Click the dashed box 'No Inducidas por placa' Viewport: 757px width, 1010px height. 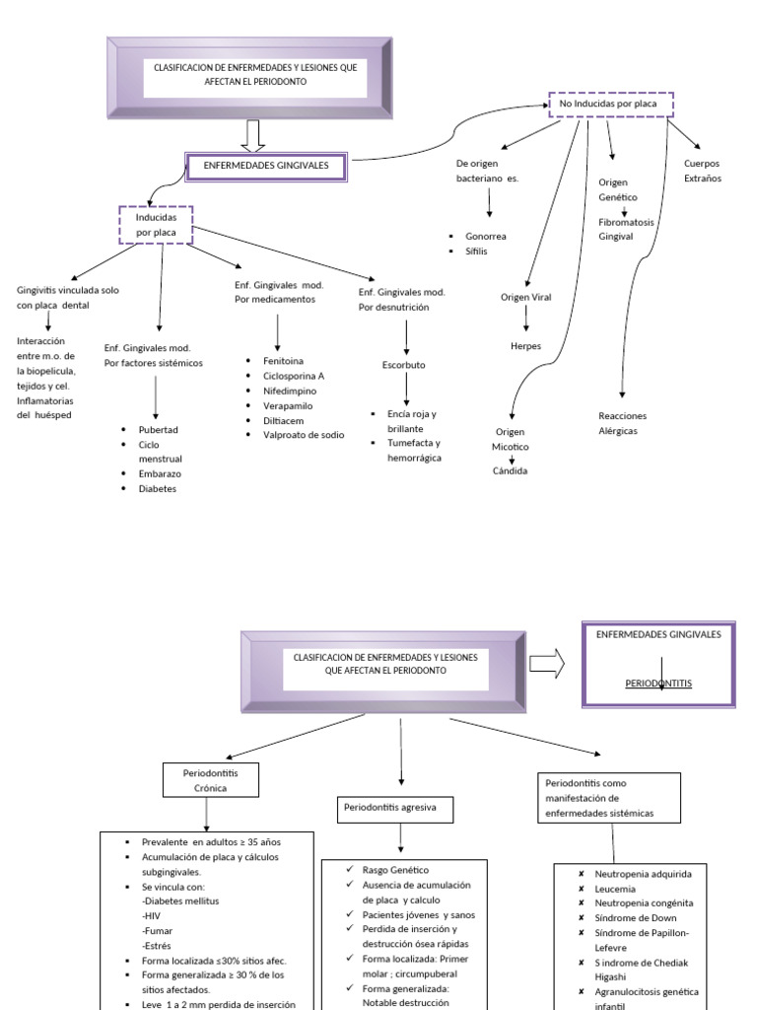pyautogui.click(x=610, y=104)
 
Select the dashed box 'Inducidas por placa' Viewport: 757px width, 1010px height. pyautogui.click(x=156, y=225)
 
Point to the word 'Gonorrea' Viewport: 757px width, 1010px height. pyautogui.click(x=486, y=237)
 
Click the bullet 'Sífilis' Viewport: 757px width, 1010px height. pyautogui.click(x=478, y=252)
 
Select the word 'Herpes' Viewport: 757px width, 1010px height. pyautogui.click(x=526, y=346)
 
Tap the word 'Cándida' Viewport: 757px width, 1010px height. pyautogui.click(x=511, y=470)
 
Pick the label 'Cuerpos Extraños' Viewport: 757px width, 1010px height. pyautogui.click(x=702, y=171)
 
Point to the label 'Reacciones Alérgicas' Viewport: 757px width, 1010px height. pyautogui.click(x=624, y=423)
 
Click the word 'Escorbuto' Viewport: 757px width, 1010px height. pyautogui.click(x=404, y=364)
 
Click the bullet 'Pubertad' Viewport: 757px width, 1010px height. pyautogui.click(x=158, y=430)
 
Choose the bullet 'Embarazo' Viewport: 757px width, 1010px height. pyautogui.click(x=160, y=473)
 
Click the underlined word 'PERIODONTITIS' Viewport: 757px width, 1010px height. pyautogui.click(x=658, y=683)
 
